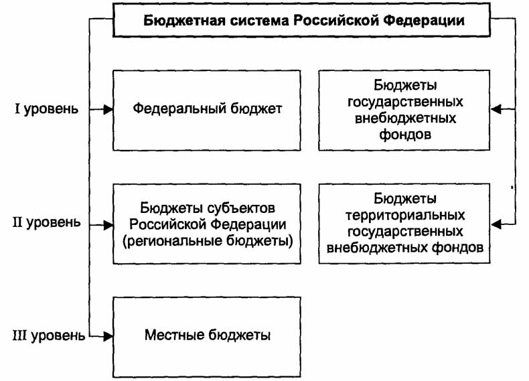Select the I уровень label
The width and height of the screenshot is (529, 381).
[x=47, y=109]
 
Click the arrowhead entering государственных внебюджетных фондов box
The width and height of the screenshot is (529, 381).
[x=496, y=109]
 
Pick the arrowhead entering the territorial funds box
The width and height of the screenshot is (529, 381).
[x=496, y=222]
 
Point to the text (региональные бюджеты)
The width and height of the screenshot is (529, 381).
[x=208, y=240]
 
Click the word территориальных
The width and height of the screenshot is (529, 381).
[x=405, y=215]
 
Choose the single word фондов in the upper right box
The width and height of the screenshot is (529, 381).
[x=405, y=135]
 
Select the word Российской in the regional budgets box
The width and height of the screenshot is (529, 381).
[x=167, y=224]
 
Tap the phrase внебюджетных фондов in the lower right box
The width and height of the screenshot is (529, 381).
[x=405, y=248]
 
